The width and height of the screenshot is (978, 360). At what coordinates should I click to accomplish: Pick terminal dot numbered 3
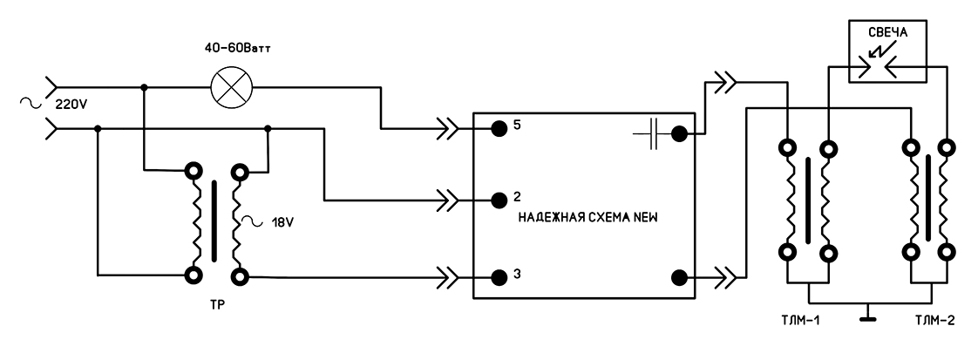tap(499, 277)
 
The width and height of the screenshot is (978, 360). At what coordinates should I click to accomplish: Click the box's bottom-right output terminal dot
tap(680, 277)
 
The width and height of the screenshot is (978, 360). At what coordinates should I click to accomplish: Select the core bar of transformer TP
tap(212, 221)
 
